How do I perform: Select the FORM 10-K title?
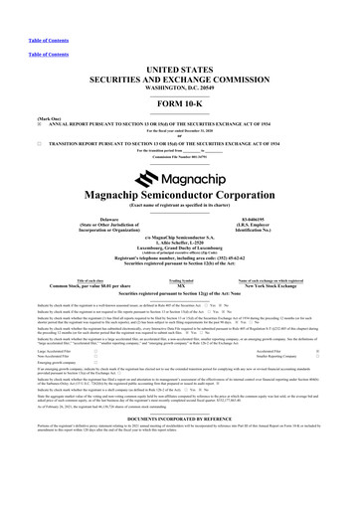[x=179, y=103]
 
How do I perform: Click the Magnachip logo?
[x=179, y=174]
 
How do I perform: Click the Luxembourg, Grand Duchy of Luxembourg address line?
[x=179, y=254]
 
